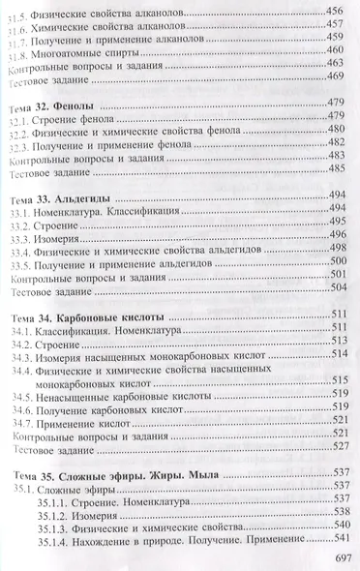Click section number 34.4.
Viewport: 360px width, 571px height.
tap(19, 371)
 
